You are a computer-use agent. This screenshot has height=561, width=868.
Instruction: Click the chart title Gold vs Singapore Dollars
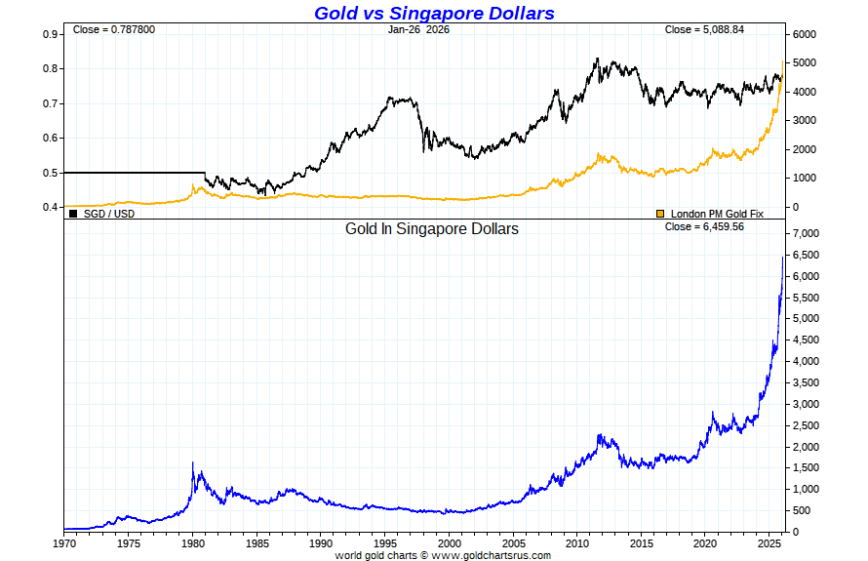click(434, 13)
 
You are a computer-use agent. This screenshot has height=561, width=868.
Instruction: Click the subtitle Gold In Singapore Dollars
click(432, 229)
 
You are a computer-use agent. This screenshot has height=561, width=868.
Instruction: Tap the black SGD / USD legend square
click(73, 213)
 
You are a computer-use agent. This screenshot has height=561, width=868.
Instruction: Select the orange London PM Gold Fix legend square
click(659, 213)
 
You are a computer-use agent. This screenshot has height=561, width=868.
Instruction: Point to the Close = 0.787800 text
click(113, 29)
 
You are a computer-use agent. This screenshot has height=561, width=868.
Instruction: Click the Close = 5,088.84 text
click(704, 29)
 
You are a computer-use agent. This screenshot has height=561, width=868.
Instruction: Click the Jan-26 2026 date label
click(418, 29)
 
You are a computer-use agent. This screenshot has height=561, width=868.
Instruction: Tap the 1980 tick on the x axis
click(192, 542)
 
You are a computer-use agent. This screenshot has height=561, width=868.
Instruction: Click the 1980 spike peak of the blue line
click(193, 462)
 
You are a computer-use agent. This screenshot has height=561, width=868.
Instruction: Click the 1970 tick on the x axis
click(64, 542)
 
